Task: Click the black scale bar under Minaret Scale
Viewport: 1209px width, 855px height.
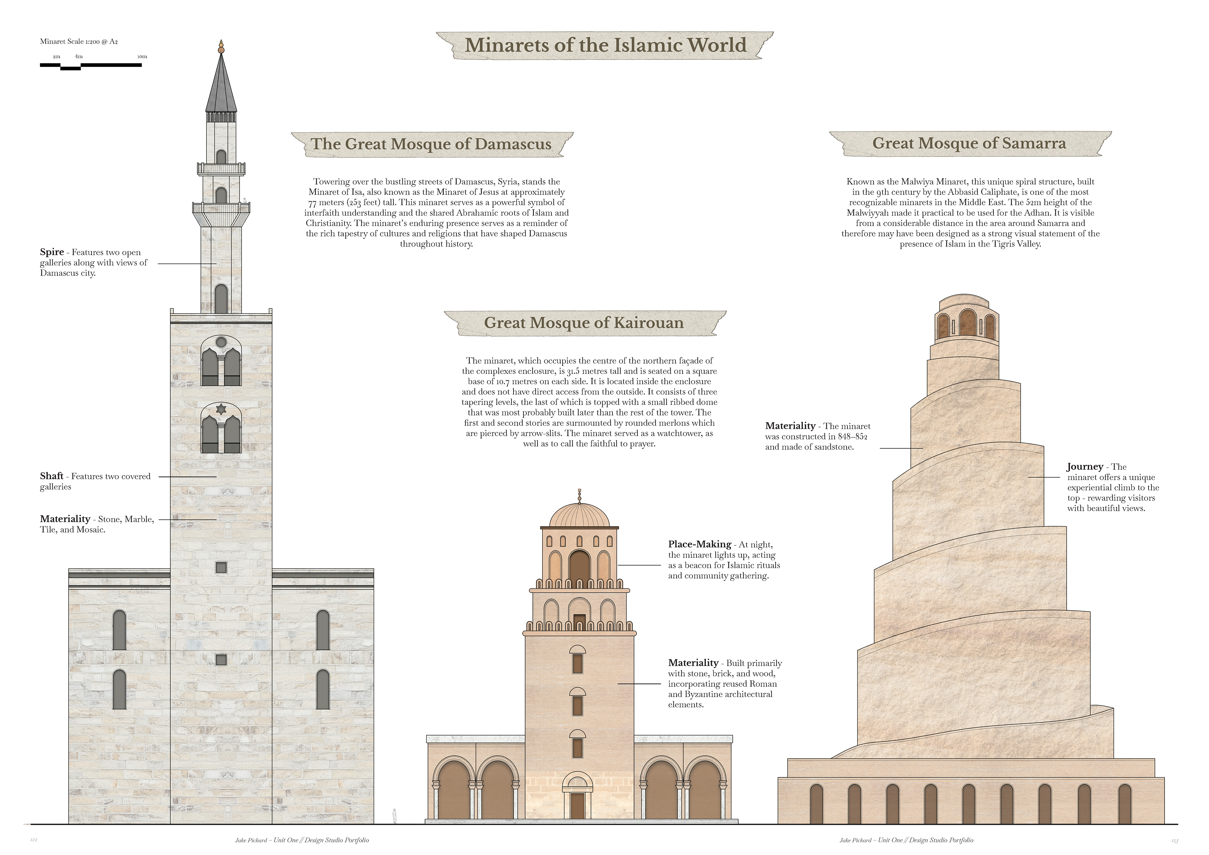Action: tap(91, 65)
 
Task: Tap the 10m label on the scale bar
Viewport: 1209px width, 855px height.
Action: tap(142, 56)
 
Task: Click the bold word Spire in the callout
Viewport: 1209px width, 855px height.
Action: tap(52, 252)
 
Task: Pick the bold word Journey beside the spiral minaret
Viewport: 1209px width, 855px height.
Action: tap(1085, 467)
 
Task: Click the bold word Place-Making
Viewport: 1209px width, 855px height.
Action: tap(699, 544)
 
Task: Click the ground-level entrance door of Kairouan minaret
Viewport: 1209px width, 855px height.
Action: tap(577, 806)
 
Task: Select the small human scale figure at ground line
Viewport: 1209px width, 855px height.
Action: tap(394, 816)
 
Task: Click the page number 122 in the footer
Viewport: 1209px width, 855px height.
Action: tap(34, 840)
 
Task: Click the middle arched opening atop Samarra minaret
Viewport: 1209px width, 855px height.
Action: tap(968, 323)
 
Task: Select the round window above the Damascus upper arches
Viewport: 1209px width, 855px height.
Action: tap(221, 342)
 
